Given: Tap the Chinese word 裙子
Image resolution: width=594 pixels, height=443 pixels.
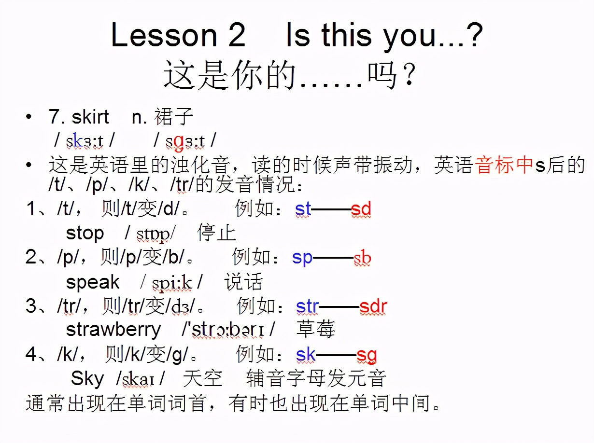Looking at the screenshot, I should (x=174, y=117).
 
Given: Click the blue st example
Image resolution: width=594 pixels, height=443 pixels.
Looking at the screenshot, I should (x=303, y=209).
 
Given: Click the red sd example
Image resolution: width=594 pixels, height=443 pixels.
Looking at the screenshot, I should (x=361, y=209).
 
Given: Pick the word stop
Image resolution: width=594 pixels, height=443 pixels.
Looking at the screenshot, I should (x=85, y=234).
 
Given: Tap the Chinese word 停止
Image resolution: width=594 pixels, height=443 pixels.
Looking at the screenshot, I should (x=217, y=234).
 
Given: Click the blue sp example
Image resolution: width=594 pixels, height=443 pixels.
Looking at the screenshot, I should (x=302, y=258).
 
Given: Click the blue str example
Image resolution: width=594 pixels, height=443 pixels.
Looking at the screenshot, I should (x=308, y=306).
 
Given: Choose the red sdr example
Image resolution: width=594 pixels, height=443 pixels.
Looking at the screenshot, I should (x=373, y=306).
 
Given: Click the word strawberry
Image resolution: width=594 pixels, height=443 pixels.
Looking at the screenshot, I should (x=113, y=330).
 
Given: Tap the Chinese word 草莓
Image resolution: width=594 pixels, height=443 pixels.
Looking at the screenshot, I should (x=315, y=330).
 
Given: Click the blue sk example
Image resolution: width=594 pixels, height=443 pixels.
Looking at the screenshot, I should (x=306, y=355).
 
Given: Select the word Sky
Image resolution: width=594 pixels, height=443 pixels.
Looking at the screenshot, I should (x=87, y=378).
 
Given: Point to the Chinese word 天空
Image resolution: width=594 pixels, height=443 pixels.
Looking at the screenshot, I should (x=203, y=378).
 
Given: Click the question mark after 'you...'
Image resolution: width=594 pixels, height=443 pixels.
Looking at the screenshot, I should (x=473, y=35).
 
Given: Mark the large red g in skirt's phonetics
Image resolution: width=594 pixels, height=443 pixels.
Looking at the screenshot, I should (x=179, y=141).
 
